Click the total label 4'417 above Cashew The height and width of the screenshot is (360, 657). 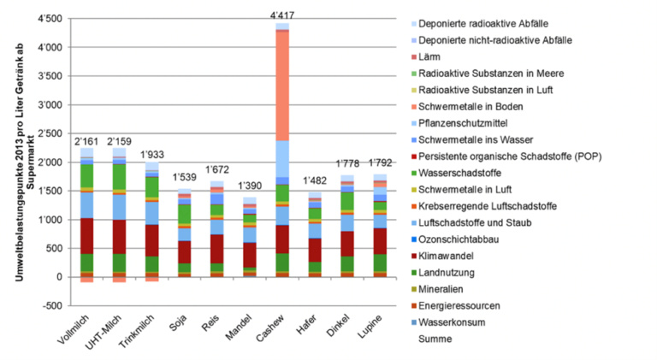click(x=281, y=15)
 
